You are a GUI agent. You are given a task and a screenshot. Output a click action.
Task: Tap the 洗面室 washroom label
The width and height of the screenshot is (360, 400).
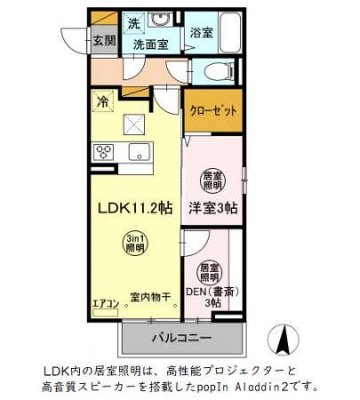tap(150, 43)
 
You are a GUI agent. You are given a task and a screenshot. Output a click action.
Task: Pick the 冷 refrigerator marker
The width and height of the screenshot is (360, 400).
tap(104, 101)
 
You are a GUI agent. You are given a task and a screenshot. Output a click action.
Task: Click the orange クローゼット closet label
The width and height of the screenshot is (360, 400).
tap(212, 111)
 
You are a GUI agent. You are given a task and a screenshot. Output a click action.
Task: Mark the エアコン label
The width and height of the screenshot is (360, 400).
tap(105, 304)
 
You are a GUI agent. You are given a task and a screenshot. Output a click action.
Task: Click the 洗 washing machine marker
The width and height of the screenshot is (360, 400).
tap(133, 22)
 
